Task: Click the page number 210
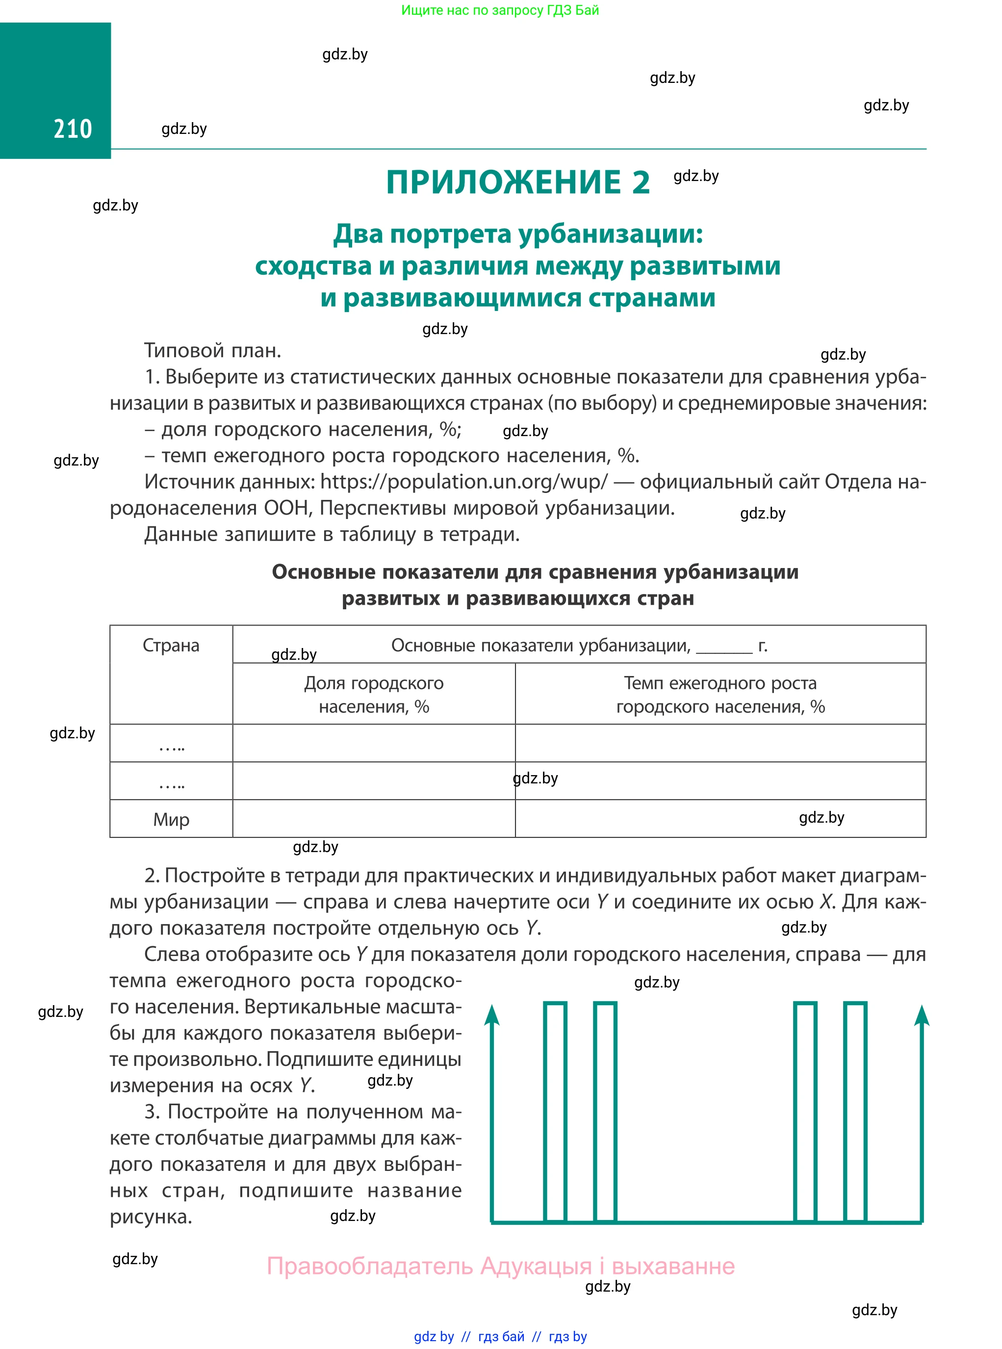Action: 73,129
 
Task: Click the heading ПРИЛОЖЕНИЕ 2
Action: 517,182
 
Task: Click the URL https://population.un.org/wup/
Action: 463,482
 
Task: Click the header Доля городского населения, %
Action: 374,695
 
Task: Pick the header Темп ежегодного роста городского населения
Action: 720,695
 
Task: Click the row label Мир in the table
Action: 171,820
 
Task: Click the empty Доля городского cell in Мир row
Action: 374,819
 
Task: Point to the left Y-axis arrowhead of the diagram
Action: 492,1015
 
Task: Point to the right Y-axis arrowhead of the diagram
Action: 922,1015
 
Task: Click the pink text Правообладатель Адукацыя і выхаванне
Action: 500,1266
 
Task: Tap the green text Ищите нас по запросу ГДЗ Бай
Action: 500,10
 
